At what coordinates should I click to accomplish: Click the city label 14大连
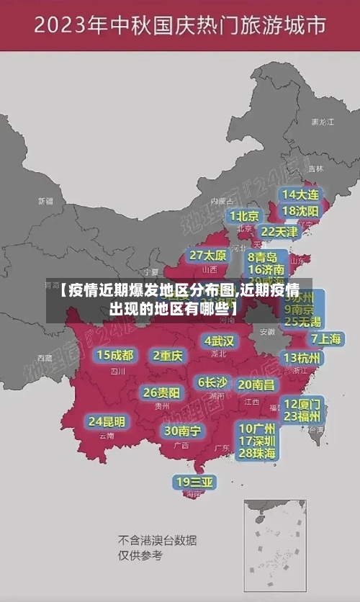(301, 194)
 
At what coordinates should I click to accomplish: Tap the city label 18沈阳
(301, 211)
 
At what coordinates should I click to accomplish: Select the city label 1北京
(245, 216)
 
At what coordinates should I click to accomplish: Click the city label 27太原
(208, 255)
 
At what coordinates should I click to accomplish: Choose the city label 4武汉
(219, 340)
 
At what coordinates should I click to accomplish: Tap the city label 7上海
(325, 338)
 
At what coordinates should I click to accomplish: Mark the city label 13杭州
(302, 358)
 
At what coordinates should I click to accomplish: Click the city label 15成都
(115, 355)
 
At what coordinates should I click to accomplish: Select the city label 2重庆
(168, 355)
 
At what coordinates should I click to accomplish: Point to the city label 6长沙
(212, 382)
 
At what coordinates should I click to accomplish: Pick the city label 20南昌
(256, 385)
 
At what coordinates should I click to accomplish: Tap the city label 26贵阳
(161, 392)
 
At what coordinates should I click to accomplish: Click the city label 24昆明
(107, 421)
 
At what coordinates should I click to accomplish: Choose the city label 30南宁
(183, 430)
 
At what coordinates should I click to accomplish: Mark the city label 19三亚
(194, 481)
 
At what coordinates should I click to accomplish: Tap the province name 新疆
(45, 201)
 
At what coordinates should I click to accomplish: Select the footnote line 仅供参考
(140, 555)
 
